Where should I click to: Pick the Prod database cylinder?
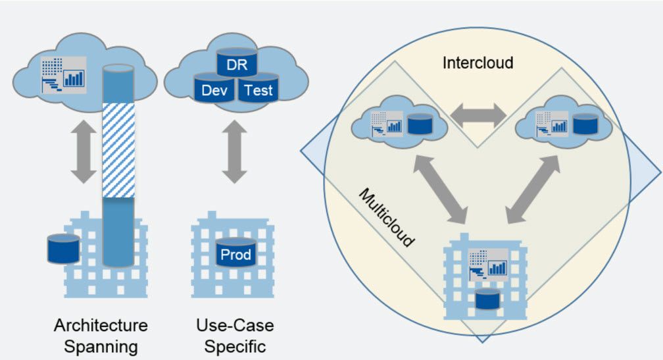[236, 253]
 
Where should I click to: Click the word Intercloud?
[478, 63]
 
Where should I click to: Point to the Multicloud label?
[387, 218]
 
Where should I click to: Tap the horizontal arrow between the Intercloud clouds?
[478, 116]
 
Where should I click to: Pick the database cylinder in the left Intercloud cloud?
[418, 124]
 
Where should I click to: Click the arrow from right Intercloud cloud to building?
[533, 186]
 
